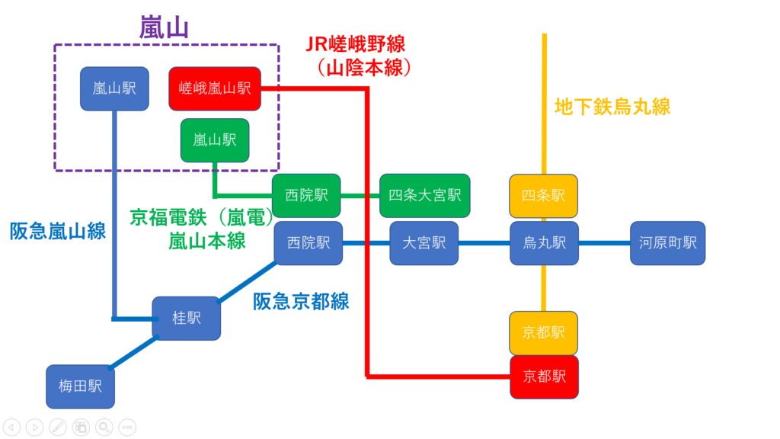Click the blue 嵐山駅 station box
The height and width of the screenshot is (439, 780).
tap(114, 88)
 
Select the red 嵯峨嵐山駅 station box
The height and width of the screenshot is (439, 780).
tap(215, 88)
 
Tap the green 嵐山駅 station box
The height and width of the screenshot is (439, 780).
tap(215, 139)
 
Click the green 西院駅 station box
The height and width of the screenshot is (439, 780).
tap(306, 195)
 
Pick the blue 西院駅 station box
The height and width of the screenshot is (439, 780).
tap(308, 243)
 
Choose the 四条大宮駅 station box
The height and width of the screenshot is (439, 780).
tap(425, 195)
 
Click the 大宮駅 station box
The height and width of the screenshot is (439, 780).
tap(424, 243)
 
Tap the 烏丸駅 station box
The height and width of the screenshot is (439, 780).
tap(544, 243)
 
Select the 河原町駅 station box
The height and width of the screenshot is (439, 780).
tap(668, 243)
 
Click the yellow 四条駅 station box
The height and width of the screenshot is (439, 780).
tap(544, 196)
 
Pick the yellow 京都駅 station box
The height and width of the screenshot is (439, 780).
tap(544, 332)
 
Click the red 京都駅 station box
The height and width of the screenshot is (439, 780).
tap(544, 376)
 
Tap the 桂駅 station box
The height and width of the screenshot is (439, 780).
tap(187, 318)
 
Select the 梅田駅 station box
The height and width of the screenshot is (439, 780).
tap(80, 386)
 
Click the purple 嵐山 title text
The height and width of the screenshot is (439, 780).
tap(164, 27)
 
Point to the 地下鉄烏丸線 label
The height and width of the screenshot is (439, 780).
tap(612, 106)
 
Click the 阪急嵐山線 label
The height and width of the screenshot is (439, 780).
tap(58, 230)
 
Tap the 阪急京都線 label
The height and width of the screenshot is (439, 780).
tap(301, 301)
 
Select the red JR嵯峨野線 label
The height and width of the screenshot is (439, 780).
tap(356, 44)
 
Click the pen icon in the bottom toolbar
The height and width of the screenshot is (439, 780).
tap(57, 427)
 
